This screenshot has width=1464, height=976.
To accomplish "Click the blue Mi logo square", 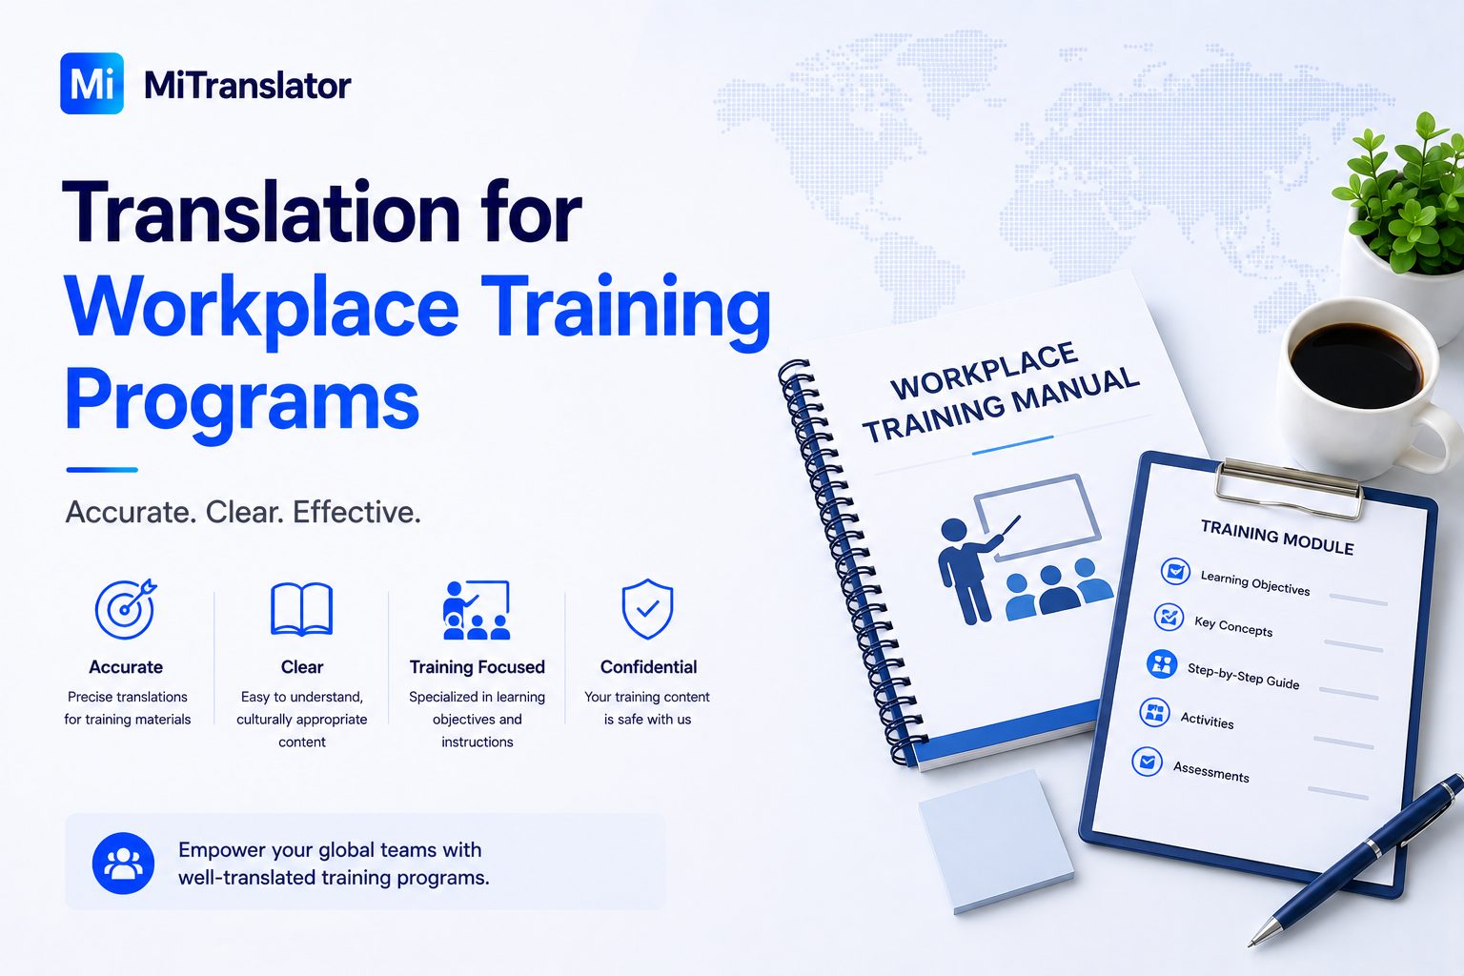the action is click(91, 83).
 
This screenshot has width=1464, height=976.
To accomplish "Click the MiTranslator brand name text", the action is click(247, 85).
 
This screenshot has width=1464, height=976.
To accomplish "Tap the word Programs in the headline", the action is click(242, 400).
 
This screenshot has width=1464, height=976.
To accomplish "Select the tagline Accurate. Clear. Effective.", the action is click(242, 512).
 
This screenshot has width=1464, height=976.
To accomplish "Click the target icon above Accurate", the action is click(126, 609).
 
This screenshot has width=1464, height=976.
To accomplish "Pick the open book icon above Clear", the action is click(301, 609).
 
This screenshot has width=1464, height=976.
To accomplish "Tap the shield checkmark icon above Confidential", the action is click(647, 609).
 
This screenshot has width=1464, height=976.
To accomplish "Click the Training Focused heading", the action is click(478, 667).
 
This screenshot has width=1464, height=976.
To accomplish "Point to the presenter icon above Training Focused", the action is click(477, 609).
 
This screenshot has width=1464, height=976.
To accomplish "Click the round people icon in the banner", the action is click(124, 863).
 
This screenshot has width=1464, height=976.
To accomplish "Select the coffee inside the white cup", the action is click(1356, 365).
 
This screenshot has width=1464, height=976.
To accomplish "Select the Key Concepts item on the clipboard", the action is click(1233, 626).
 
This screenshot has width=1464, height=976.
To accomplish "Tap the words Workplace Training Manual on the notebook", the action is click(1000, 393).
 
